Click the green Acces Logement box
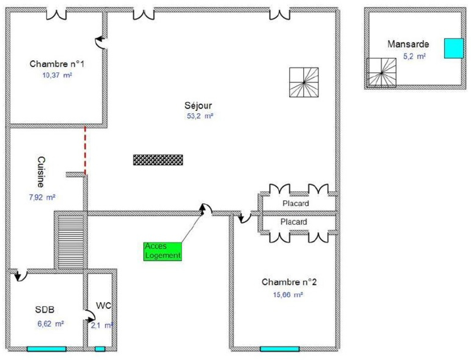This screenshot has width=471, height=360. pos(162,251)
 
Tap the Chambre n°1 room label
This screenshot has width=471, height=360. pos(57,64)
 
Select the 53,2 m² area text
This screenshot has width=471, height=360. pos(200,116)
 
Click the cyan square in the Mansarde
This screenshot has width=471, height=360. pos(454,48)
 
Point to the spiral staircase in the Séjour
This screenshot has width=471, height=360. pos(304,82)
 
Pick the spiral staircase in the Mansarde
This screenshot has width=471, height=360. pos(381,73)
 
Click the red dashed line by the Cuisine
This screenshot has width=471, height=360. pos(85,151)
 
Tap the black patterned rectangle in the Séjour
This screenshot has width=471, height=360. pos(158,160)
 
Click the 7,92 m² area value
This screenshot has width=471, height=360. pos(42,197)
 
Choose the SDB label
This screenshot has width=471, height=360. pos(45,310)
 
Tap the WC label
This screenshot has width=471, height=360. pos(104,306)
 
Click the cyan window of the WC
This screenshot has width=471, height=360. pos(100,349)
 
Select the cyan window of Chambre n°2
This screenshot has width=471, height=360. pos(280,349)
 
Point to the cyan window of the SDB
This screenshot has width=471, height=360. pos(47,349)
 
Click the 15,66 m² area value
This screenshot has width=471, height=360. pos(288,295)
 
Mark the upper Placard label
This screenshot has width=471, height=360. pos(296,203)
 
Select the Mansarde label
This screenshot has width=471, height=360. pos(408,44)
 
